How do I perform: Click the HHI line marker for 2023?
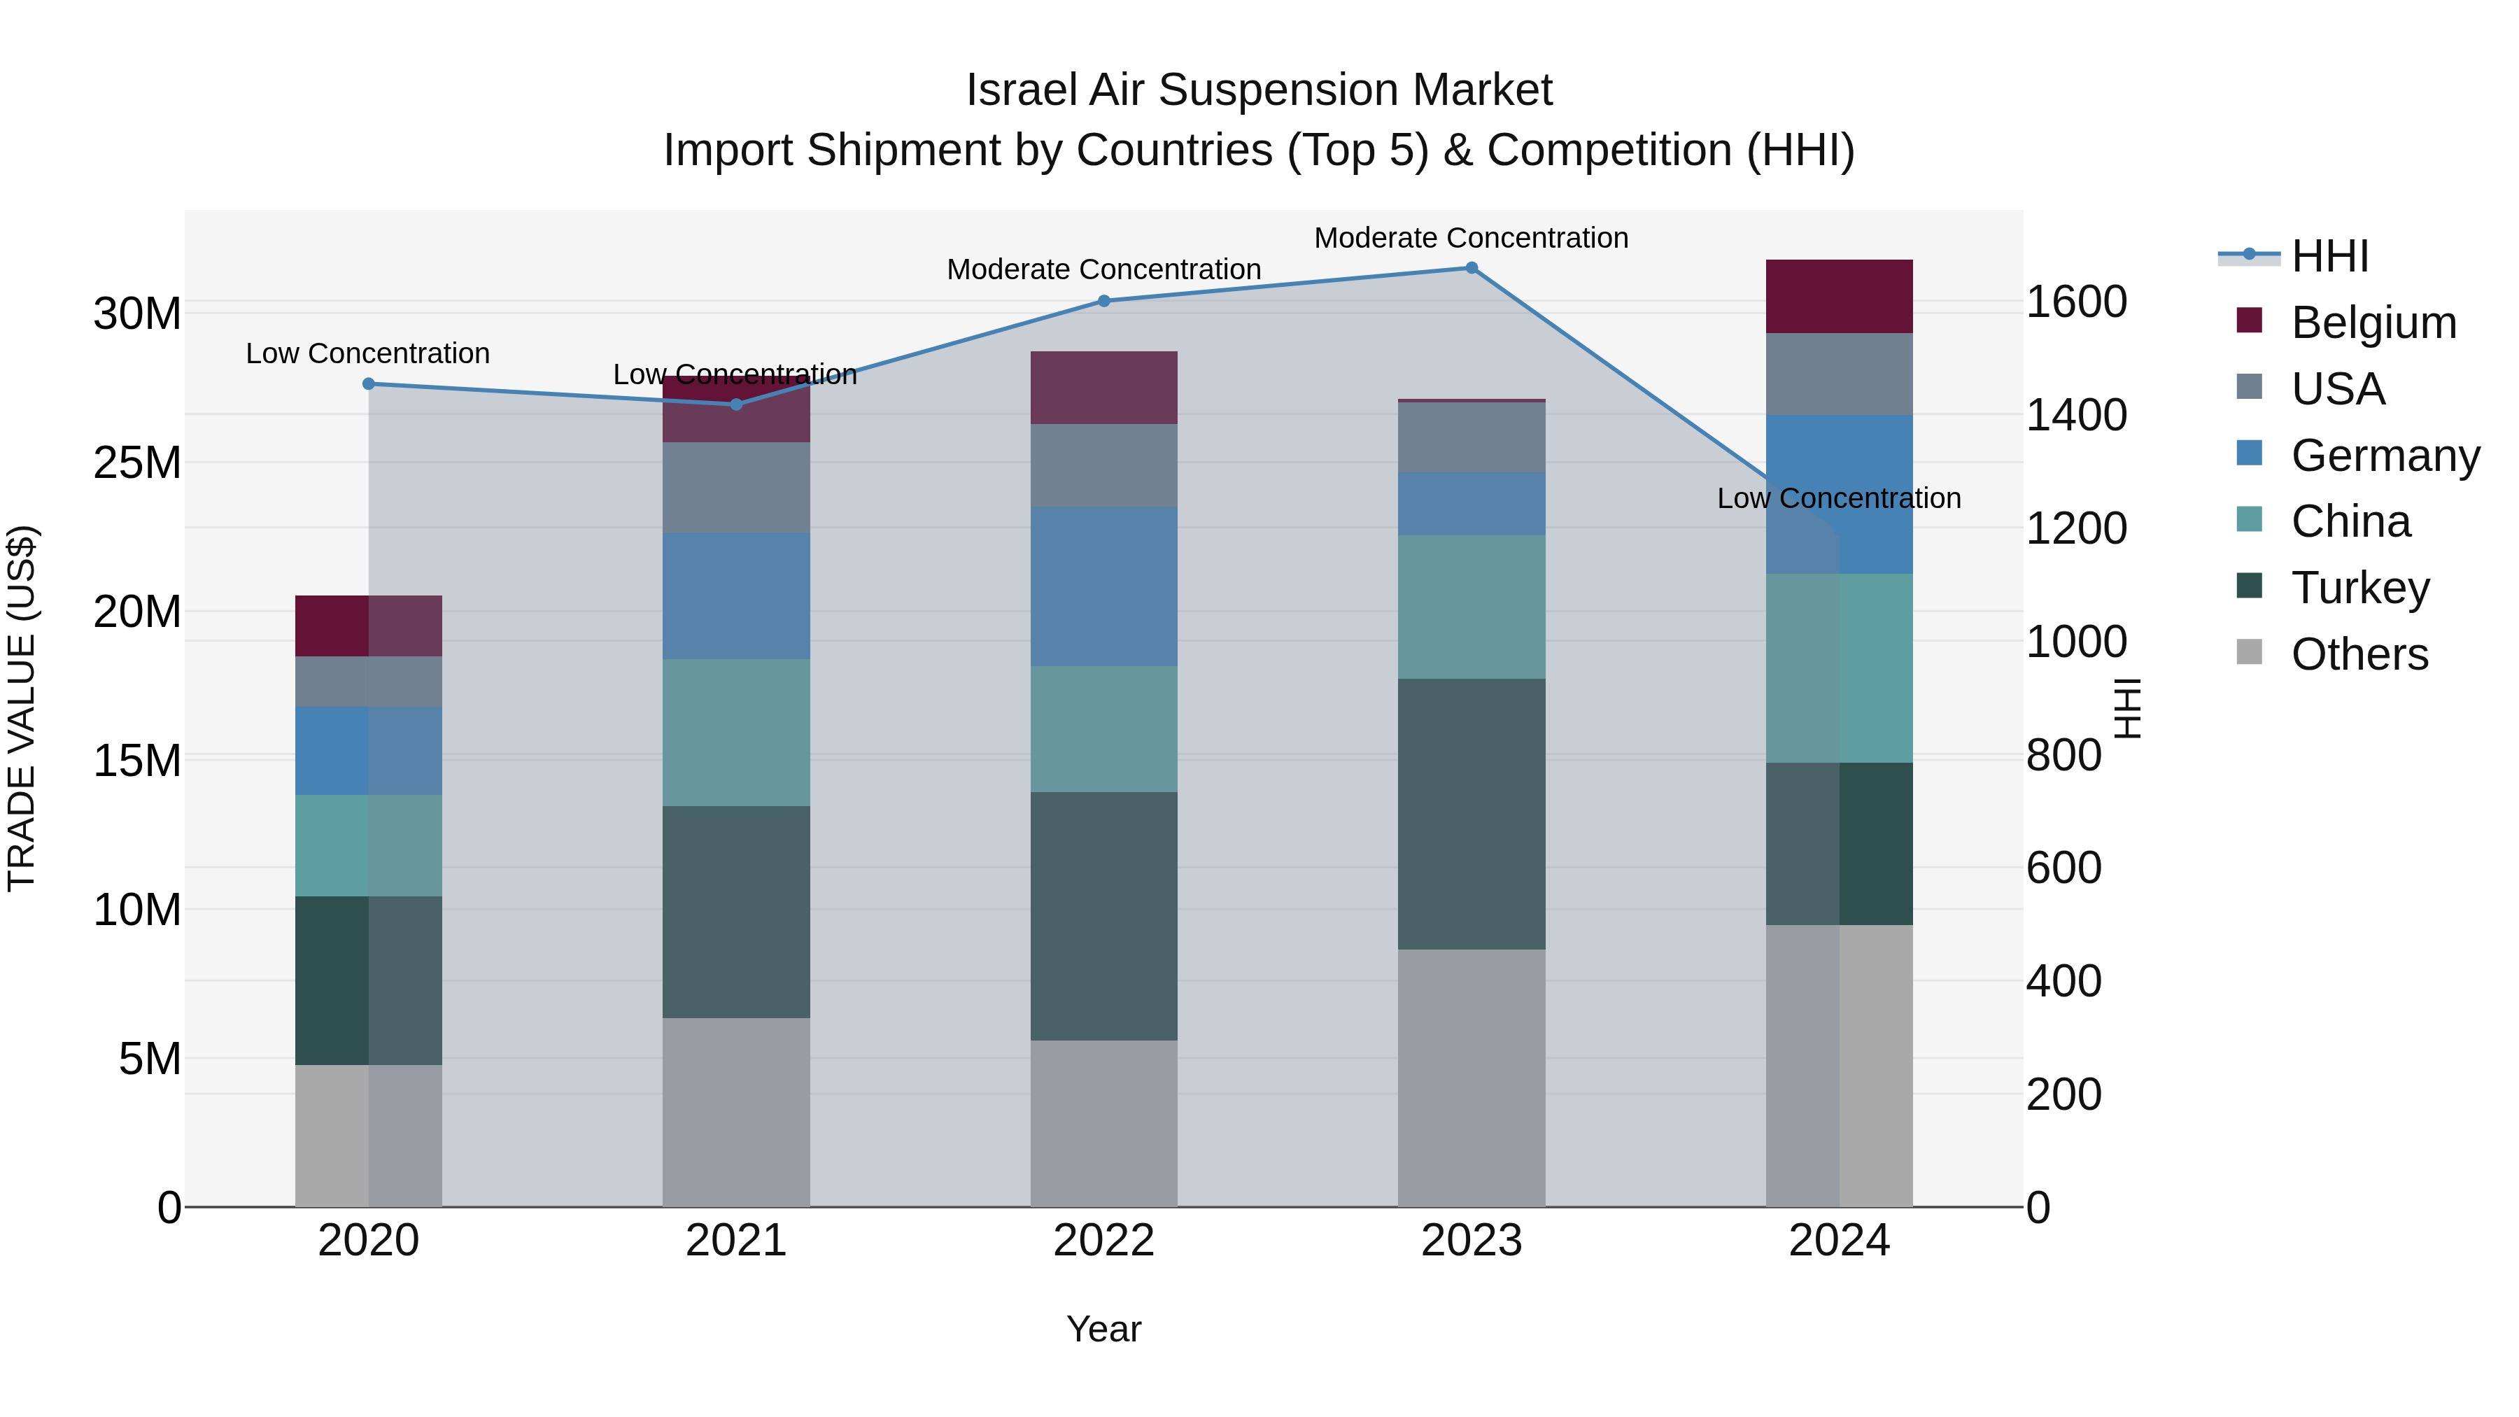coord(1471,268)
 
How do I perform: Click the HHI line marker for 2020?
coord(369,384)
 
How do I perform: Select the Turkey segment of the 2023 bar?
coord(1471,814)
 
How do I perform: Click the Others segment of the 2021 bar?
coord(735,1112)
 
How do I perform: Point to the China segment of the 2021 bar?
coord(735,733)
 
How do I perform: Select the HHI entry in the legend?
coord(2329,256)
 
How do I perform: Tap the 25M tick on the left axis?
coord(137,463)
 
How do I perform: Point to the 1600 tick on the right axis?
coord(2075,302)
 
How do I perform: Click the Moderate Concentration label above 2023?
coord(1471,238)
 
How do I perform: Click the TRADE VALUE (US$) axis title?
coord(22,708)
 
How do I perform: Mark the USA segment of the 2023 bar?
coord(1471,437)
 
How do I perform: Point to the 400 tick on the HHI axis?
coord(2063,981)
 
